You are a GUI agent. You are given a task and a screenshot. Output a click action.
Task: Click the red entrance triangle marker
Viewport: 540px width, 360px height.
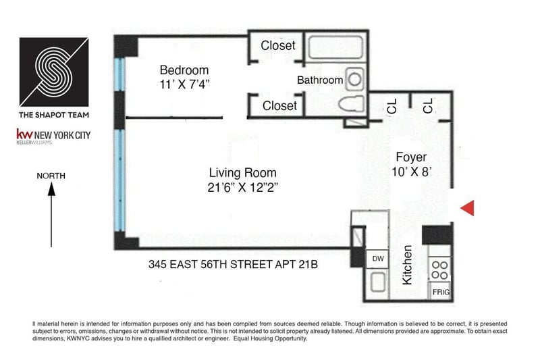(x=468, y=208)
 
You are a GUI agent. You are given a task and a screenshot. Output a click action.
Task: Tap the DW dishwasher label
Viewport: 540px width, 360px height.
(x=378, y=259)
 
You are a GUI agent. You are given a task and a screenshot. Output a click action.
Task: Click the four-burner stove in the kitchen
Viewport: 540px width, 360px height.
(x=440, y=269)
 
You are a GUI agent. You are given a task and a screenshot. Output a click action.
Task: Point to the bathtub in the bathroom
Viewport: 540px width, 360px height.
(x=335, y=47)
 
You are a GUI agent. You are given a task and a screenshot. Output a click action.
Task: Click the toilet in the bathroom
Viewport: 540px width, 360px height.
(x=351, y=103)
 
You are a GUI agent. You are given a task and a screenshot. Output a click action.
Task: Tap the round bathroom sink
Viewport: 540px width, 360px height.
(x=355, y=79)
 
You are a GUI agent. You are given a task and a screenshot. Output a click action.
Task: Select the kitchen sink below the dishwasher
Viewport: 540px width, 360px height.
(x=378, y=282)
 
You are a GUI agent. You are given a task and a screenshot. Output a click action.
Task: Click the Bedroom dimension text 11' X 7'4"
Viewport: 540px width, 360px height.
(x=184, y=84)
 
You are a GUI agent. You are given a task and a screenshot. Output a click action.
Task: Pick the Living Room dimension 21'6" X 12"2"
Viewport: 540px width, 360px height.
(x=243, y=187)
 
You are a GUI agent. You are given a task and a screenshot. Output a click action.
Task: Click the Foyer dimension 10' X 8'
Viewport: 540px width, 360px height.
(x=412, y=172)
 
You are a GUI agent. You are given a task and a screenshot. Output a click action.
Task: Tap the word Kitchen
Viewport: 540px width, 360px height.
(x=407, y=265)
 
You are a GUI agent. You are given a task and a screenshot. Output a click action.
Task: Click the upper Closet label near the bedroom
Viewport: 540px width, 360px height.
(x=278, y=45)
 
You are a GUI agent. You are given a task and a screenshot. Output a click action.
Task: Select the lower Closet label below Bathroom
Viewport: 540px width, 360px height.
(x=279, y=106)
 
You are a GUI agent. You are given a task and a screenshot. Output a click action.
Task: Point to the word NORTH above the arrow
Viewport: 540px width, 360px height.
(x=51, y=176)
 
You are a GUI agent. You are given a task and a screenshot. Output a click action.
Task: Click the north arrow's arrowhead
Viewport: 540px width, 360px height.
(x=51, y=189)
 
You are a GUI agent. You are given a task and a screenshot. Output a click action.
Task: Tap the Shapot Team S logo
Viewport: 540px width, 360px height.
(x=54, y=72)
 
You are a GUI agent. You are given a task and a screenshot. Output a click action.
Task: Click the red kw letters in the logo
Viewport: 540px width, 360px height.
(x=24, y=134)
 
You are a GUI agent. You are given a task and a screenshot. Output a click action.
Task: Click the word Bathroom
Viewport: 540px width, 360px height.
(x=320, y=80)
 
